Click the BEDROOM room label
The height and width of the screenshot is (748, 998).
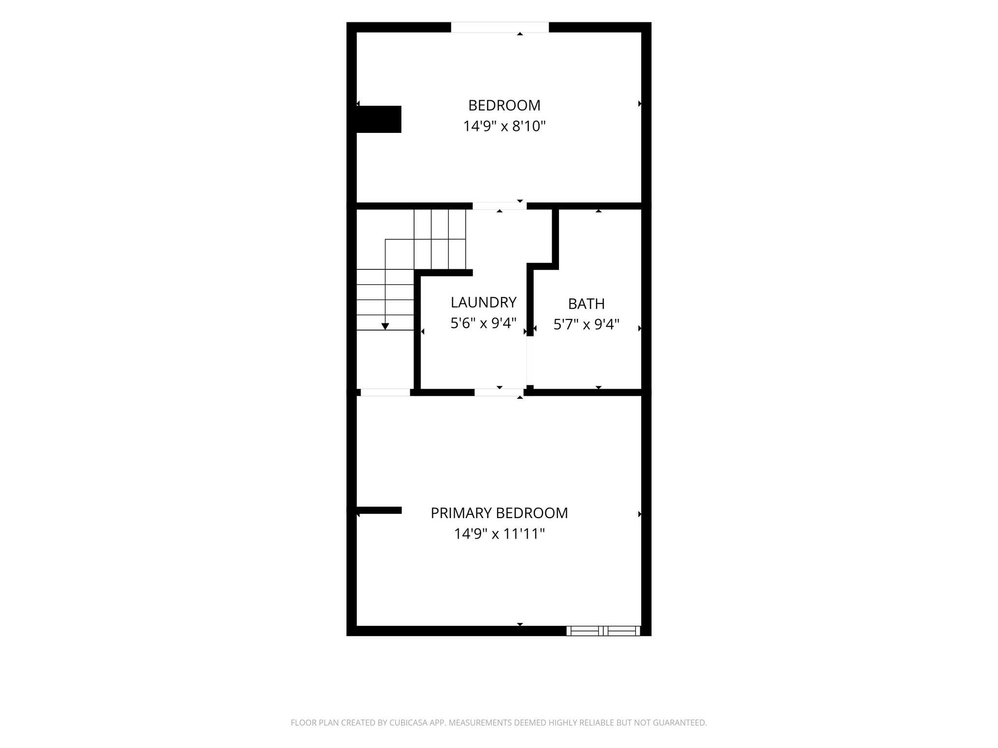504,105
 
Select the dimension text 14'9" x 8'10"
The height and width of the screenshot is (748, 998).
504,126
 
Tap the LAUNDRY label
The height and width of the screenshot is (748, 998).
483,302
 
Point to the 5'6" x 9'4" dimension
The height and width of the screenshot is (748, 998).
483,323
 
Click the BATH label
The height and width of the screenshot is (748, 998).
586,304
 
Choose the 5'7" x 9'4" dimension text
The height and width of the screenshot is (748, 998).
586,324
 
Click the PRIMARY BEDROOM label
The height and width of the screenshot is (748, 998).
499,513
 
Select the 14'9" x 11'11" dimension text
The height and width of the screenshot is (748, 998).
499,534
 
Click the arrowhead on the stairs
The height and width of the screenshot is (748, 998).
385,326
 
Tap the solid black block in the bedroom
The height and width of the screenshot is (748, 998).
379,119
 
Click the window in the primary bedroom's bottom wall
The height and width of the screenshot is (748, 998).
603,631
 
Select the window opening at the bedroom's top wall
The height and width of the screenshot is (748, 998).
500,27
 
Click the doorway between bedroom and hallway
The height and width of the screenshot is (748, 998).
499,206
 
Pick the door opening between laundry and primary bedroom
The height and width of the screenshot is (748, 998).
499,393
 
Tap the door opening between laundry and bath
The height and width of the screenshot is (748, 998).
530,360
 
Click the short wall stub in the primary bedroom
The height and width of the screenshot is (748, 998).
379,510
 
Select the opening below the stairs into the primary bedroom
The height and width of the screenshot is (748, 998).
385,393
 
